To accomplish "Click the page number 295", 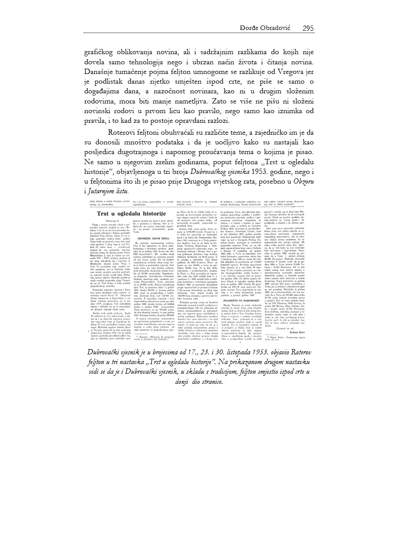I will [x=308, y=28].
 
